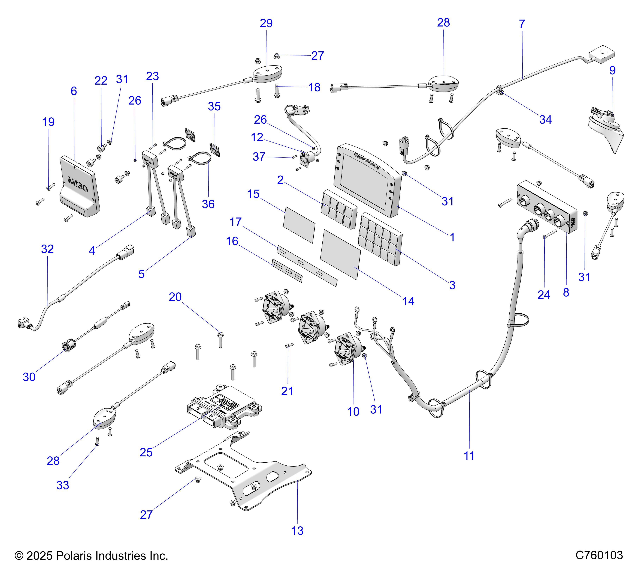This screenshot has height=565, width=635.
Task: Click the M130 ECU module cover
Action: tap(79, 187)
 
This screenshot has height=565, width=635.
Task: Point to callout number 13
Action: tap(297, 531)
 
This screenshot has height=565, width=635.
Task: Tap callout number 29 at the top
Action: tap(266, 23)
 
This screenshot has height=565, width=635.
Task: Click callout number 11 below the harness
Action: tap(469, 456)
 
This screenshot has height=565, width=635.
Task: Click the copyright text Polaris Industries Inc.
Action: tap(92, 555)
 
